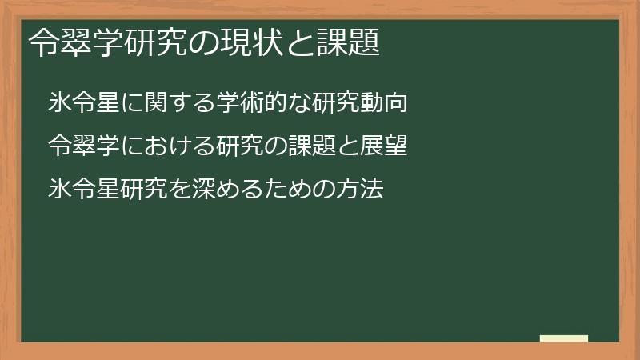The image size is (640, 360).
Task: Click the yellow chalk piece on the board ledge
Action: (564, 338)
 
